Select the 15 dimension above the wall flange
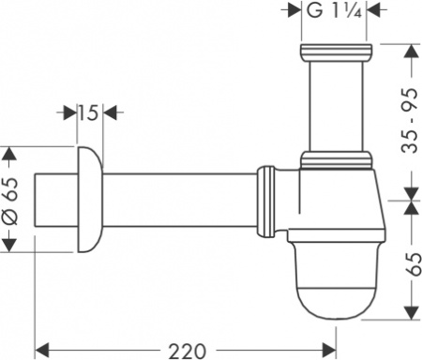tap(88, 113)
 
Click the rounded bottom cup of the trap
tap(336, 290)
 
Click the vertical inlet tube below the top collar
tap(334, 103)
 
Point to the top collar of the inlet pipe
tap(334, 52)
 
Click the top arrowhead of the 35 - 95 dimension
tap(409, 50)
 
